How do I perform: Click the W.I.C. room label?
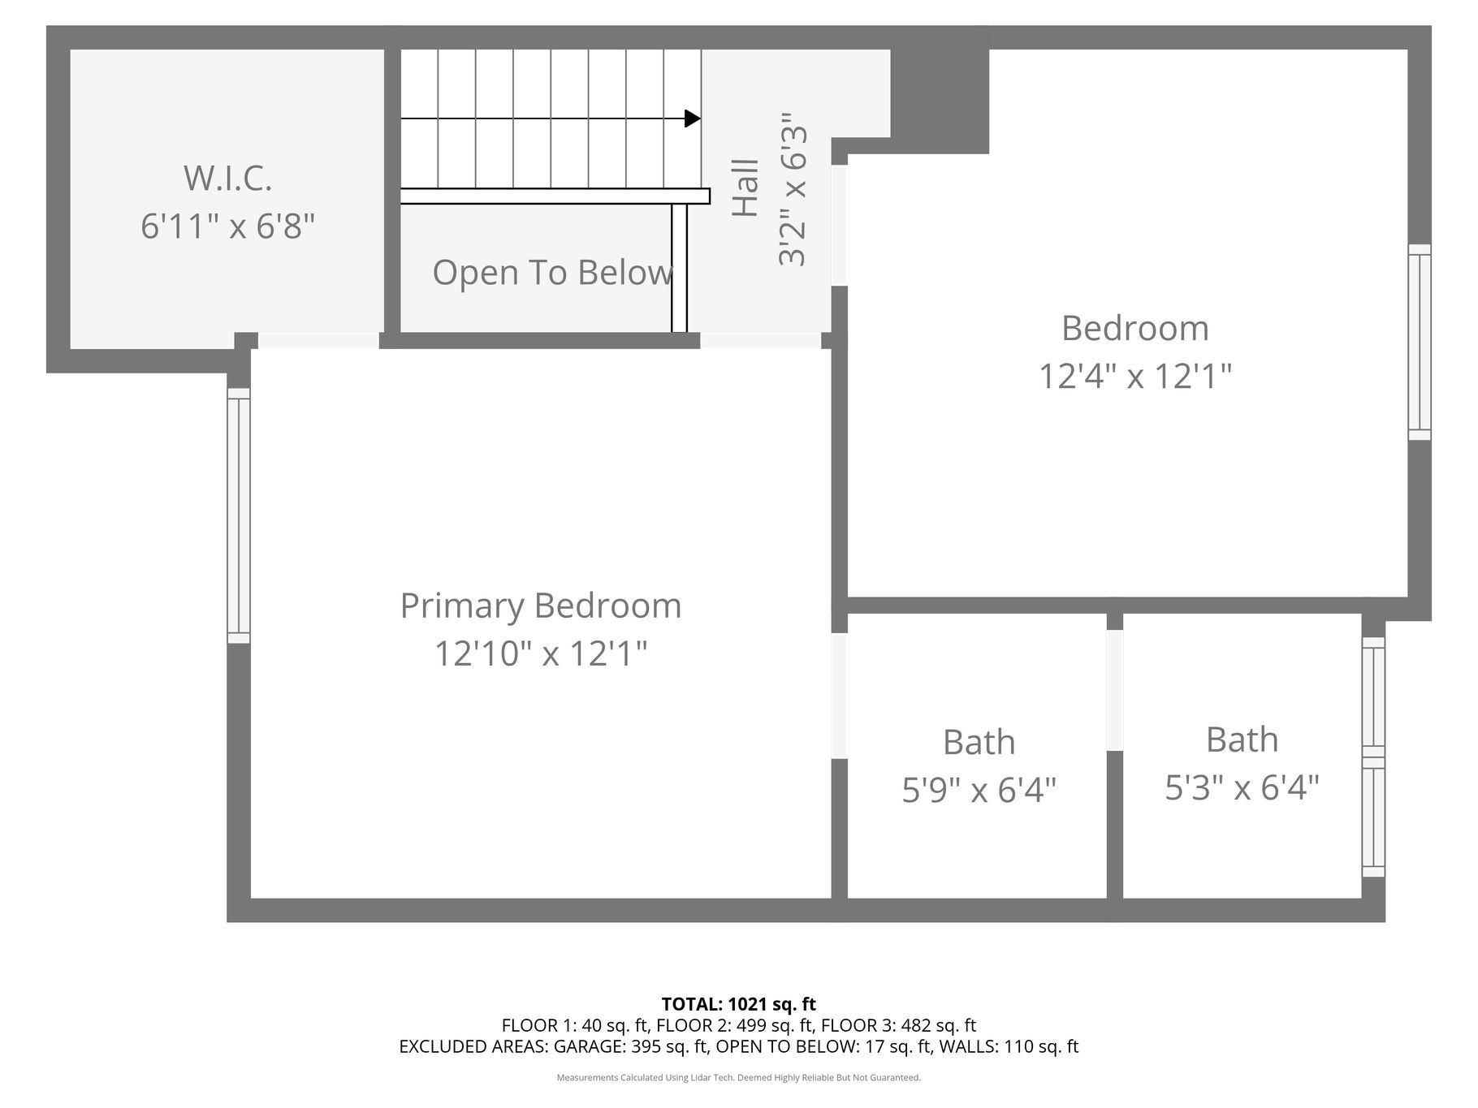[x=227, y=178]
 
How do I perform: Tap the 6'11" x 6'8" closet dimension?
[x=227, y=225]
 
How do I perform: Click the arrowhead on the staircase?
[x=693, y=119]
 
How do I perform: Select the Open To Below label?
[x=553, y=272]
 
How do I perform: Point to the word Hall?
[x=745, y=188]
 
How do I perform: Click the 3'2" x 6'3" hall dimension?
[x=793, y=190]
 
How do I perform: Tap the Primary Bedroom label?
[x=541, y=606]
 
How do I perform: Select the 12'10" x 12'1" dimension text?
[x=541, y=653]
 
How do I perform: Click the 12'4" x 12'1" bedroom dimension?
[x=1135, y=376]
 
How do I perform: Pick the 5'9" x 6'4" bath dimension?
[x=979, y=789]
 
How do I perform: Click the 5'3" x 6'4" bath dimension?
[x=1242, y=787]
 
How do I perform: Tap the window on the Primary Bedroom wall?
[x=239, y=515]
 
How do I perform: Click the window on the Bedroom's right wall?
[x=1420, y=342]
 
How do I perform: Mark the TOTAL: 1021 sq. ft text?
[x=739, y=1005]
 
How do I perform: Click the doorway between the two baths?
[x=1115, y=691]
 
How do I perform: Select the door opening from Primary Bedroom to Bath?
[x=840, y=696]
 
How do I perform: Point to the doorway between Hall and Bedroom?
[x=840, y=226]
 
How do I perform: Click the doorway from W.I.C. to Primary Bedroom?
[x=318, y=340]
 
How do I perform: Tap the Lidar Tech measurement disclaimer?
[x=739, y=1078]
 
